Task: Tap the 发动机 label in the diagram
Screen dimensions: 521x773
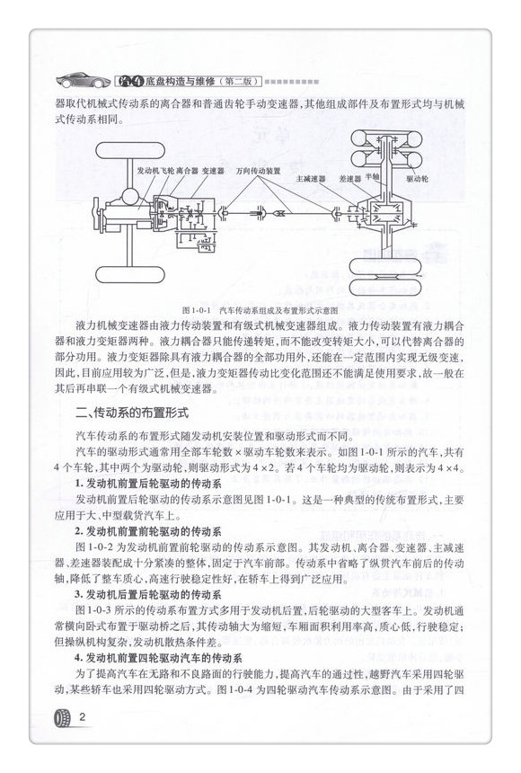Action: tap(149, 169)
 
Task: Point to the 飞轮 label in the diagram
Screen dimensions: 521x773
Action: tap(167, 169)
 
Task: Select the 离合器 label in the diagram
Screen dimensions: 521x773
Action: tap(185, 169)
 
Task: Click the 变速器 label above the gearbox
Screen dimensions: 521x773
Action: tap(213, 169)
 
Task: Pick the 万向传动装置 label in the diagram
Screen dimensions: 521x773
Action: tap(259, 169)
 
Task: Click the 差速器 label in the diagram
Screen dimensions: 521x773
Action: tap(349, 178)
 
